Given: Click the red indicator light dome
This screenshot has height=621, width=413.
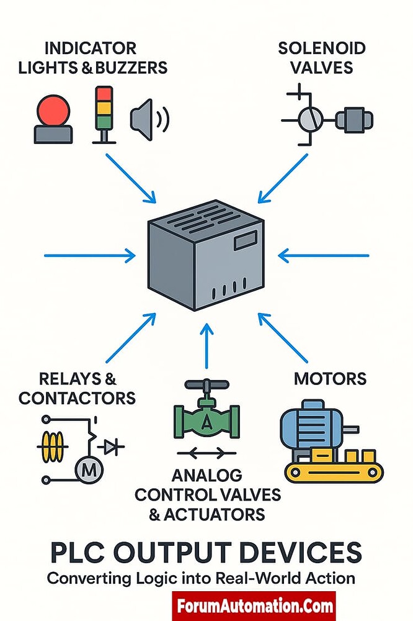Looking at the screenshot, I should (54, 110).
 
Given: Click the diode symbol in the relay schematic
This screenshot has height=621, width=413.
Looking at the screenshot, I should (112, 446).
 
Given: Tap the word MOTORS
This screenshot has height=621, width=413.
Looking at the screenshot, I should (330, 378).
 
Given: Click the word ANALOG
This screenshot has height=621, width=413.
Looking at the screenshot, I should (207, 476).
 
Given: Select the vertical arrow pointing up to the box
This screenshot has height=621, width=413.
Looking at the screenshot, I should (207, 345).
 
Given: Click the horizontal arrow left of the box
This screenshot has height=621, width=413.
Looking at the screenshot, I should (90, 255).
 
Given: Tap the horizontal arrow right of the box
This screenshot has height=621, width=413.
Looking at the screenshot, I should (322, 255).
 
